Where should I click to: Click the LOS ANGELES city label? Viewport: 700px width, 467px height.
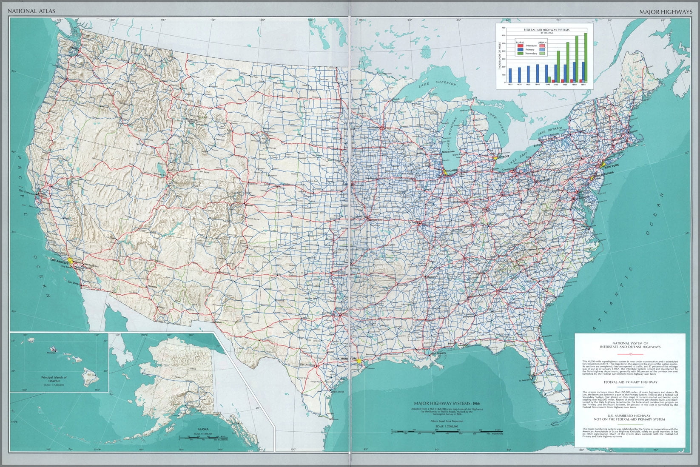(59, 259)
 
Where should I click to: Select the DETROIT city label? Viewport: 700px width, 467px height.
(502, 156)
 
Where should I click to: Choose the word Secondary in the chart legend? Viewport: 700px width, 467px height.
(531, 54)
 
